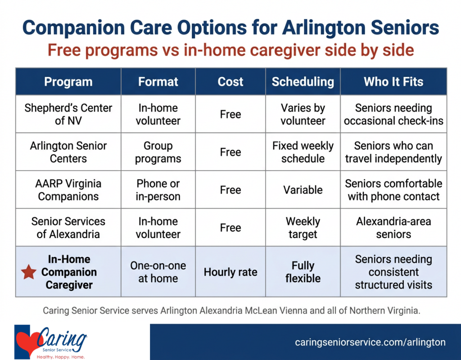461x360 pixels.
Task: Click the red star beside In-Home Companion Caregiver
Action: [29, 272]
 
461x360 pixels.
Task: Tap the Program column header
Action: [68, 82]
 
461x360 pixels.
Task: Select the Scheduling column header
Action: [303, 82]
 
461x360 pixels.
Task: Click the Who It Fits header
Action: [393, 82]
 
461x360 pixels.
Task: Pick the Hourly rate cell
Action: [230, 272]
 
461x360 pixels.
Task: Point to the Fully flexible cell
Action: [303, 272]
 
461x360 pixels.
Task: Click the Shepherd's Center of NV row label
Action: [68, 114]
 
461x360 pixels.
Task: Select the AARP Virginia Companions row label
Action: [68, 190]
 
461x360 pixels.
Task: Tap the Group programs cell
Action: [158, 152]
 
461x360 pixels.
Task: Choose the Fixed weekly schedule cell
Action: [303, 152]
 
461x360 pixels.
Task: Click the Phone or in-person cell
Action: [158, 190]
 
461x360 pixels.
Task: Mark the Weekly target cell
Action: [303, 228]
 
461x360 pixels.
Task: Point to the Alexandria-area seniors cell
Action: [393, 228]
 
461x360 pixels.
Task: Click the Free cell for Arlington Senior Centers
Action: [230, 152]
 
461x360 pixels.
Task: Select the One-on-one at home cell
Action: [158, 272]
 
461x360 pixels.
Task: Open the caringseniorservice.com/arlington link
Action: [370, 342]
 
